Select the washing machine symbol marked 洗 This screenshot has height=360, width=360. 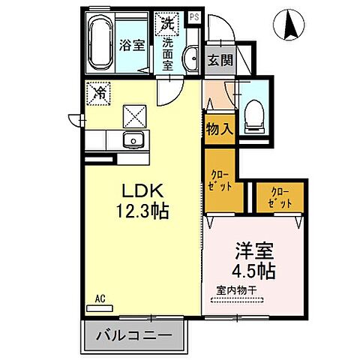[166, 23]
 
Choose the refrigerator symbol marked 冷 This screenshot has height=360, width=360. [99, 93]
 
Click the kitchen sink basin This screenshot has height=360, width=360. [134, 139]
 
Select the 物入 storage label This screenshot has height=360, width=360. [219, 128]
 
